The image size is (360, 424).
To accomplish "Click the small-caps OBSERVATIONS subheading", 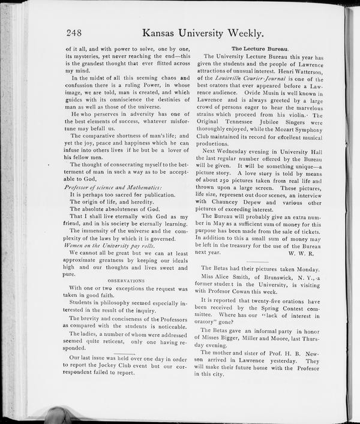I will click(126, 280).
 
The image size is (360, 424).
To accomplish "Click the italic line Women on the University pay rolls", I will click(109, 246).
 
